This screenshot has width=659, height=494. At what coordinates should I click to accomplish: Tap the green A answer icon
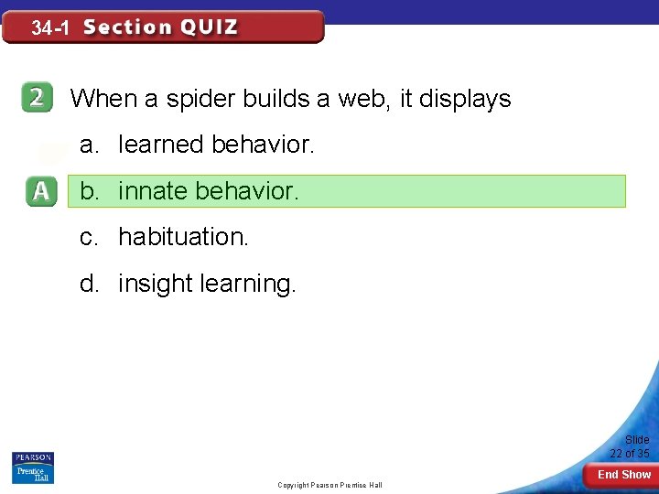tap(40, 191)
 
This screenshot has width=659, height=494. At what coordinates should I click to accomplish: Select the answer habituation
tap(183, 237)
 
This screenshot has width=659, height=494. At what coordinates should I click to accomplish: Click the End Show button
tap(623, 475)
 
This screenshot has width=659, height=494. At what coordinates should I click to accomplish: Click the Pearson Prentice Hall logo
tap(33, 467)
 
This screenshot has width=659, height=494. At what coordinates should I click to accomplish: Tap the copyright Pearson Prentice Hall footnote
tap(329, 485)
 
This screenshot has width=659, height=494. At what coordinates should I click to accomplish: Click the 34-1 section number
tap(50, 28)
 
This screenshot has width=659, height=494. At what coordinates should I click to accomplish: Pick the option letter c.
tap(89, 237)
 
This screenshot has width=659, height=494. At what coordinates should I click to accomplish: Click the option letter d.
tap(89, 284)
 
